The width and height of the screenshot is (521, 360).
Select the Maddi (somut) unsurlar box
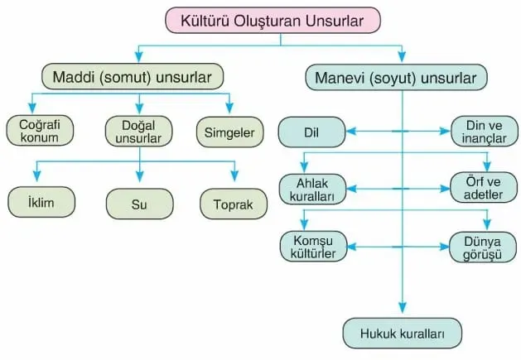(133, 79)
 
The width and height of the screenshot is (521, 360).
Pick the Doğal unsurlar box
(138, 131)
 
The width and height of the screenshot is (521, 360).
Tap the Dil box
(311, 131)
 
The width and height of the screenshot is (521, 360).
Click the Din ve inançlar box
(485, 131)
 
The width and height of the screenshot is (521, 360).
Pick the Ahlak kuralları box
(311, 190)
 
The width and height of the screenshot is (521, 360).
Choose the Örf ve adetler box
(485, 190)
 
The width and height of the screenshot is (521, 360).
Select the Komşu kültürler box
(311, 247)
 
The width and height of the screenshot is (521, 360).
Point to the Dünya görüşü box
(485, 247)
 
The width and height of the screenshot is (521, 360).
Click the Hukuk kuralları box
(402, 334)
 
